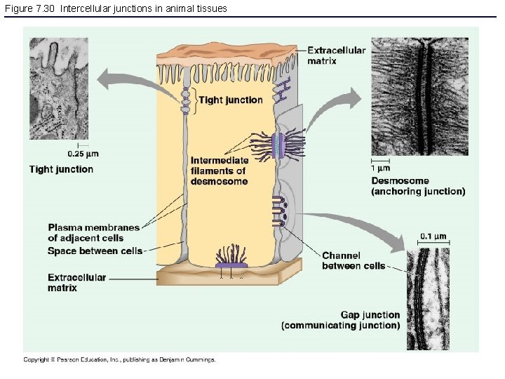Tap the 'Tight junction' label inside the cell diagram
click(x=231, y=100)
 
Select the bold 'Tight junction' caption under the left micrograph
click(x=61, y=169)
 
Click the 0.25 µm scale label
click(x=83, y=153)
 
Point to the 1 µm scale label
click(x=381, y=168)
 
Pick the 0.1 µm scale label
click(x=434, y=236)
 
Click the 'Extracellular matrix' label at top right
click(x=336, y=55)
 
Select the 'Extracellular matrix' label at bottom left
click(x=76, y=282)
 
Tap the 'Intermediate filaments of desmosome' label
click(x=219, y=171)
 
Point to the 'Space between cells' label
click(x=95, y=251)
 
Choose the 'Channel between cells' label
click(x=353, y=260)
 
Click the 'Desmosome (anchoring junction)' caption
click(x=417, y=186)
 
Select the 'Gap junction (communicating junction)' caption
click(x=341, y=320)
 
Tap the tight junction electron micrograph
click(x=59, y=88)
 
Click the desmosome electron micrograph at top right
click(x=419, y=95)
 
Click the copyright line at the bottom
click(x=119, y=359)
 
